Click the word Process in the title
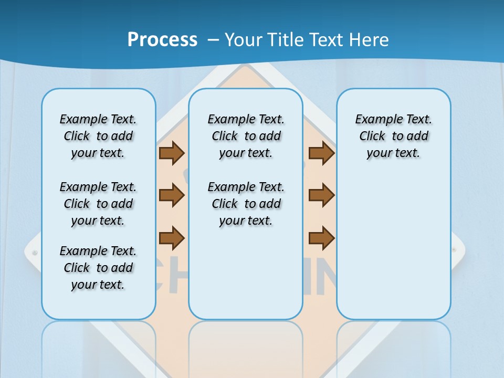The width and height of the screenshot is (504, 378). (162, 39)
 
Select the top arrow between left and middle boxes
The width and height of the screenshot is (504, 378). (172, 153)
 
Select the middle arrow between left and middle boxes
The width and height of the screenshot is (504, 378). (172, 195)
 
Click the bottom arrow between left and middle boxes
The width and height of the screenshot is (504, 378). (172, 238)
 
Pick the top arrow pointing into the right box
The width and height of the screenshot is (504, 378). (321, 153)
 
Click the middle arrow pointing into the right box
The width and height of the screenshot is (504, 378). (321, 195)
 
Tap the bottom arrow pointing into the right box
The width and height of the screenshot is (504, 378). (321, 238)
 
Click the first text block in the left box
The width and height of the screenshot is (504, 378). (98, 136)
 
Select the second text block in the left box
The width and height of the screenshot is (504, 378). (98, 204)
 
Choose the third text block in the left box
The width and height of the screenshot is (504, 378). (98, 268)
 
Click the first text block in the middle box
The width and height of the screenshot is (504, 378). (246, 136)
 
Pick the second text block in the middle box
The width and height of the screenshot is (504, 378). (246, 204)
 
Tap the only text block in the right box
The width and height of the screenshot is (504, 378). (394, 136)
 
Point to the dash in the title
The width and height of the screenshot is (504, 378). (213, 40)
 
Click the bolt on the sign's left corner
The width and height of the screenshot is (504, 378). (35, 253)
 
